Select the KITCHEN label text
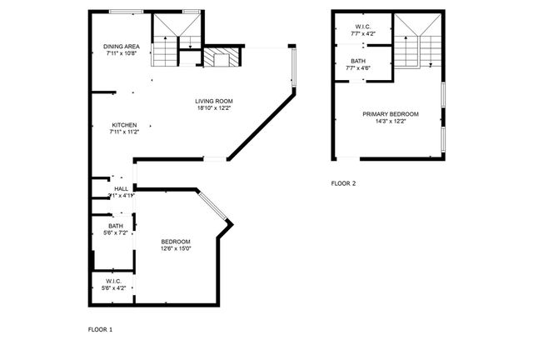123,125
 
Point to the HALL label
122,189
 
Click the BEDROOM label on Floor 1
176,242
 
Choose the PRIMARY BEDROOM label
390,113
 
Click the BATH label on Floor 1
116,226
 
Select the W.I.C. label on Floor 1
115,281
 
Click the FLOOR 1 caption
100,329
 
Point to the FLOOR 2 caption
343,182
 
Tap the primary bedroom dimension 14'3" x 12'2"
390,121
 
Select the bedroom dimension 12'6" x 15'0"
176,248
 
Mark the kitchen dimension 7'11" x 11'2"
123,132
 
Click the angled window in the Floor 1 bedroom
212,206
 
